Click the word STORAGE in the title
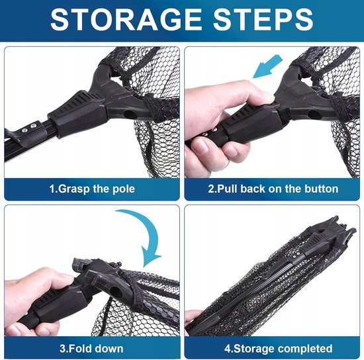[x=126, y=19]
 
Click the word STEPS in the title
[x=263, y=19]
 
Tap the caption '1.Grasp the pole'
[x=92, y=189]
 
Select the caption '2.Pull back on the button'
[x=273, y=189]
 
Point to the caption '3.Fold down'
[x=91, y=349]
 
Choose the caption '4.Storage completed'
[x=279, y=349]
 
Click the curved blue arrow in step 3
[x=142, y=234]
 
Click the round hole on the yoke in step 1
[x=128, y=114]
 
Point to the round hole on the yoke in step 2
[x=312, y=114]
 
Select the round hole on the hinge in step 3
[x=114, y=291]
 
